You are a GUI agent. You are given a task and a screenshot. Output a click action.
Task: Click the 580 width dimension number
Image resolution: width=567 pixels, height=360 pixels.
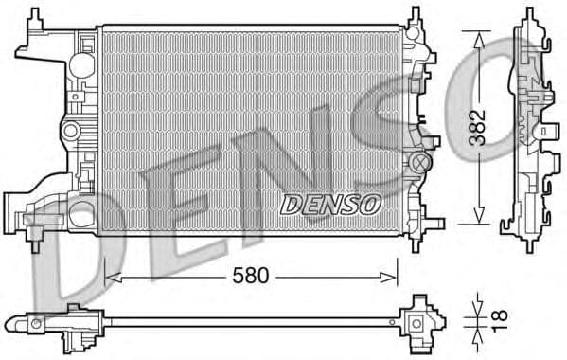tap(251, 277)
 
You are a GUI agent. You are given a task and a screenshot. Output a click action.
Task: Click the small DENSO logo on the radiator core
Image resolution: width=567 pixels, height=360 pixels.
tap(330, 204)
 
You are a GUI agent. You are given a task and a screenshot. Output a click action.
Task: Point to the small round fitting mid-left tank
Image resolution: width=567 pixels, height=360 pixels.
tap(67, 130)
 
